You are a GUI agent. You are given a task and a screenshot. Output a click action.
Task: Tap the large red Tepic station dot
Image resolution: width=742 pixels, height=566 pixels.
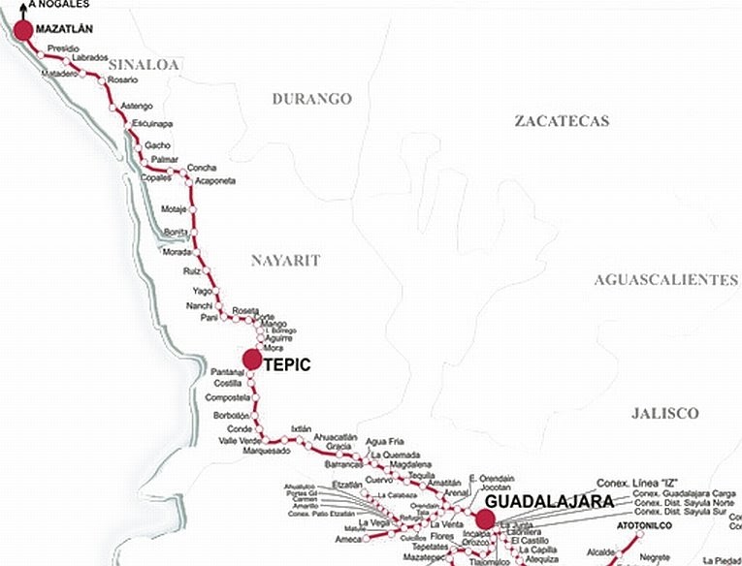[252, 360]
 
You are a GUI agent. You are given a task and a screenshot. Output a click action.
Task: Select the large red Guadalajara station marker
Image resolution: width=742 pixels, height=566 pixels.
[486, 519]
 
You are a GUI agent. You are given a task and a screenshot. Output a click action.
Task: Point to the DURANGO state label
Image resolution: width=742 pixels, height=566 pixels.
[311, 99]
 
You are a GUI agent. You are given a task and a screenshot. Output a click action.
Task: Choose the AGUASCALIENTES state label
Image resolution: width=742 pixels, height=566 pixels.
[665, 279]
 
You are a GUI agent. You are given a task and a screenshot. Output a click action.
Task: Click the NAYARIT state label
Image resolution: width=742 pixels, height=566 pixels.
[285, 260]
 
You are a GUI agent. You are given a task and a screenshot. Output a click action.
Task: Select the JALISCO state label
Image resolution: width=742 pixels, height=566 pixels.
[664, 413]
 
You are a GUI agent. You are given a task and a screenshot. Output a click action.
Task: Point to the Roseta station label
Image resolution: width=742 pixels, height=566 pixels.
[245, 310]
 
